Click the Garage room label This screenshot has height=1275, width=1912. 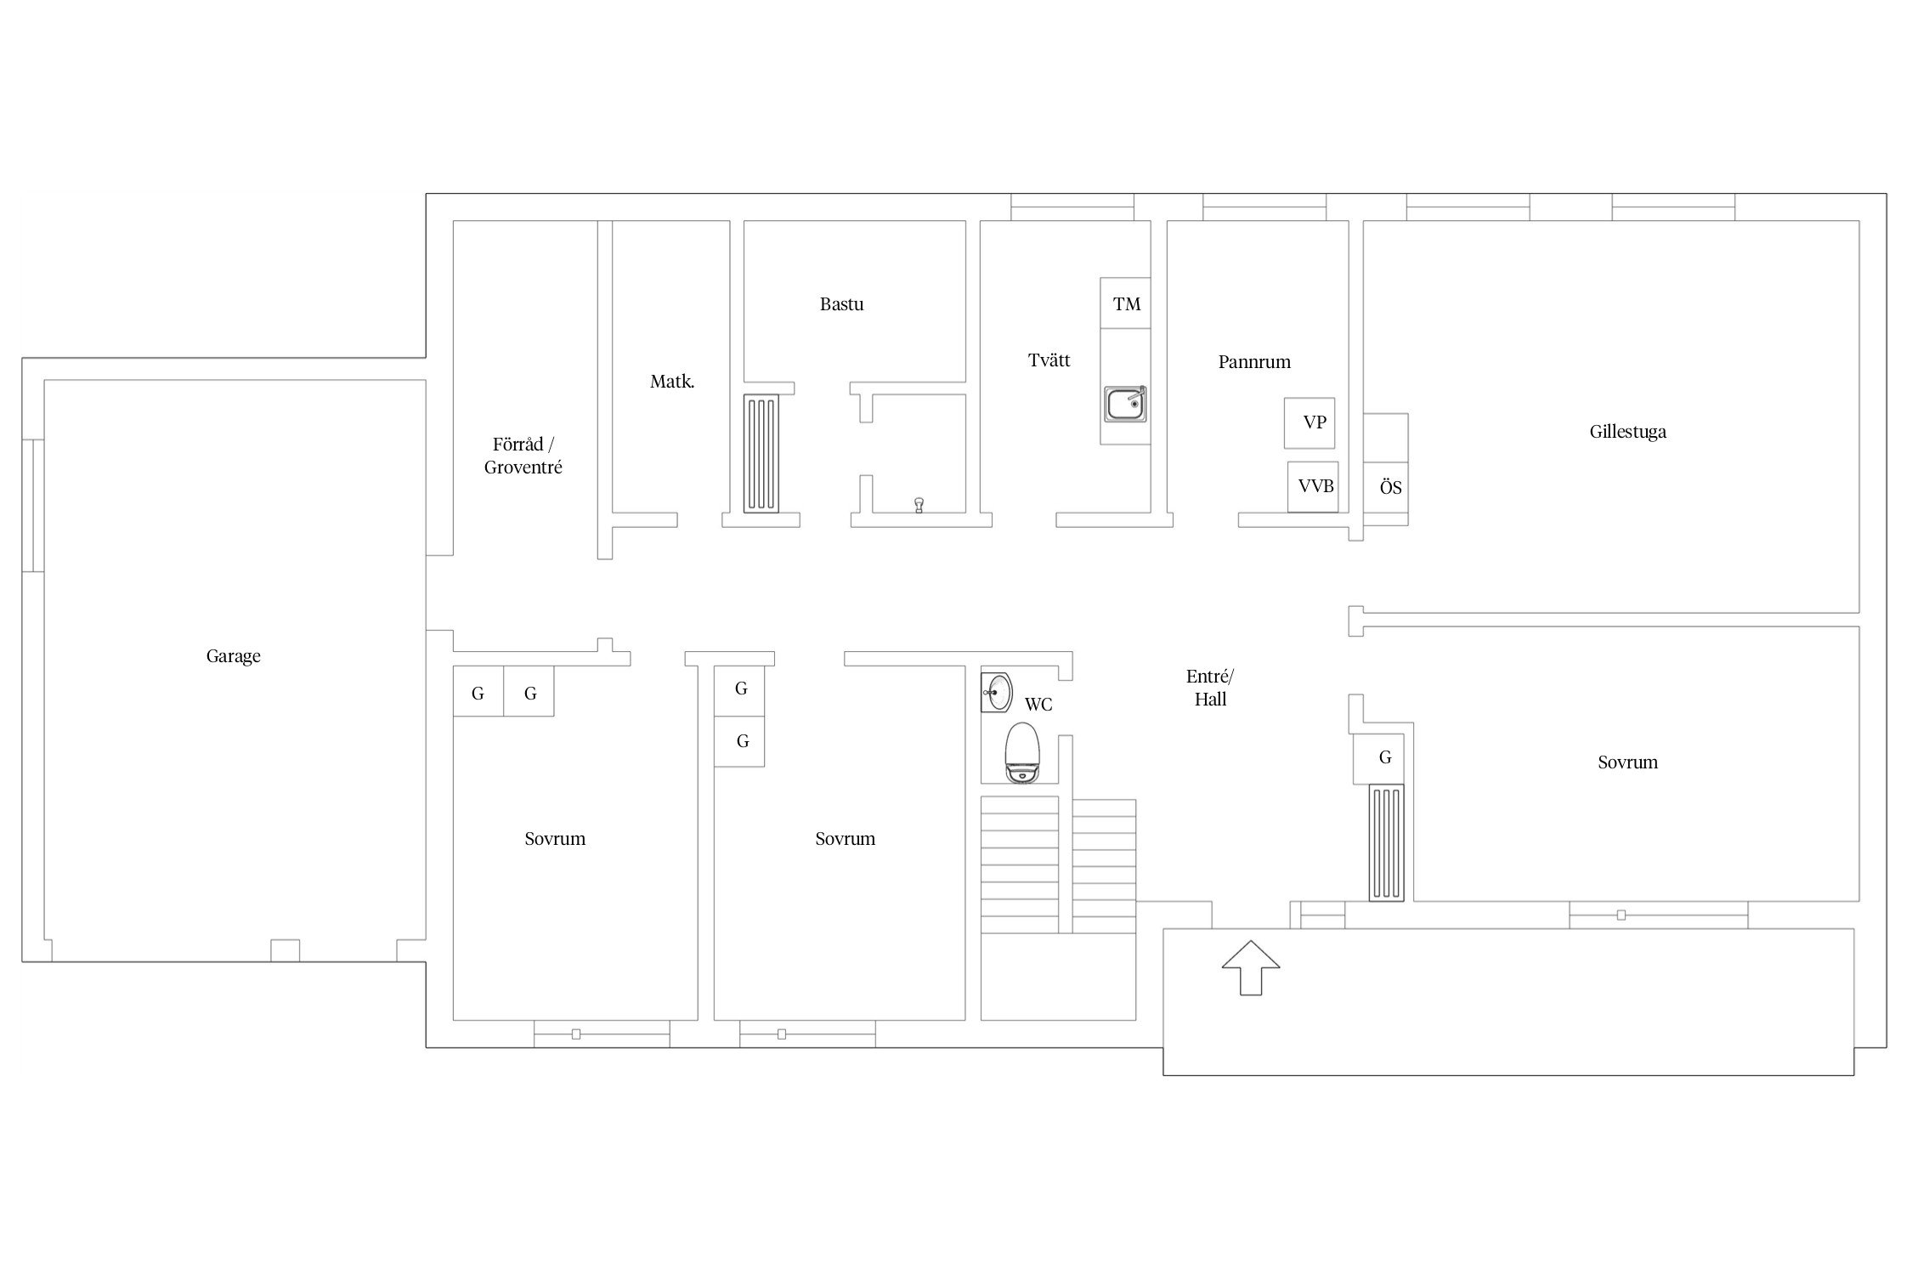tap(233, 656)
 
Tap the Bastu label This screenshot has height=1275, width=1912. tap(841, 304)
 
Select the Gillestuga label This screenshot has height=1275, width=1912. tap(1627, 432)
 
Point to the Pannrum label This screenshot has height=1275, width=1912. tap(1254, 362)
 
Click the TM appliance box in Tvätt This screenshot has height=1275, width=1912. tap(1126, 303)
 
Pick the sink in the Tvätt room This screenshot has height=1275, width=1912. tap(1126, 404)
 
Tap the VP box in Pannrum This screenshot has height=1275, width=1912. tap(1310, 422)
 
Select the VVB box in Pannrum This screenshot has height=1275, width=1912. tap(1313, 487)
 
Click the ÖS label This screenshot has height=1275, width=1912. tap(1390, 488)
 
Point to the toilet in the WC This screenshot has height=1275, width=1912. tap(1023, 753)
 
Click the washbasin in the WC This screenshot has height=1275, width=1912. tap(996, 692)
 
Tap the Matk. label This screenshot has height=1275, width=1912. tap(672, 382)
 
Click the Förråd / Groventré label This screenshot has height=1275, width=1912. tap(523, 456)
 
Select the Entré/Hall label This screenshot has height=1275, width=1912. tap(1210, 688)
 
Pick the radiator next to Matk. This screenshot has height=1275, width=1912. tap(761, 453)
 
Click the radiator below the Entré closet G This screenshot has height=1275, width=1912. tap(1386, 842)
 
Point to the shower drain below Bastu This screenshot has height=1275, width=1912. tap(919, 505)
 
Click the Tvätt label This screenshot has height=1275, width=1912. tap(1049, 360)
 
